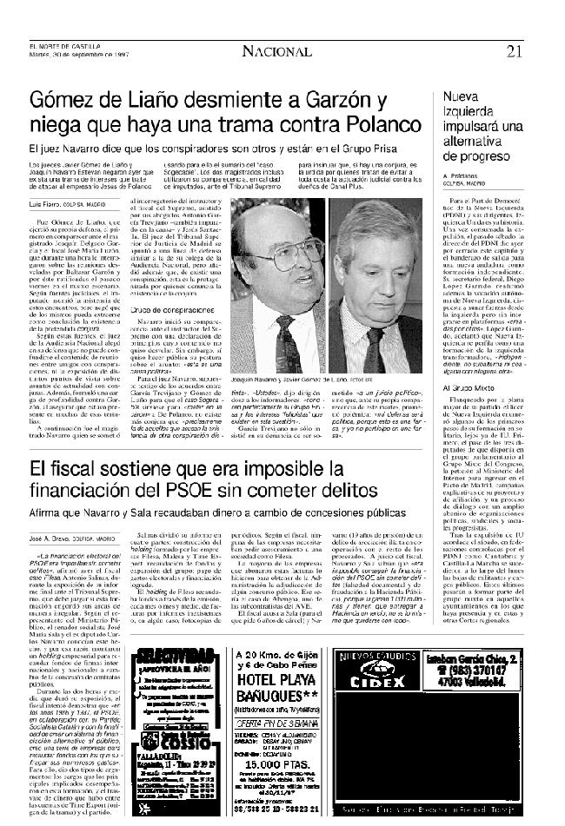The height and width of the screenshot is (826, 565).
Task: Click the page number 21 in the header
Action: pos(539,51)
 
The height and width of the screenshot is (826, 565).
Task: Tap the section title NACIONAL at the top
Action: pos(277,51)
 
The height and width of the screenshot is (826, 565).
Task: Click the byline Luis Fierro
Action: pos(41,202)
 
